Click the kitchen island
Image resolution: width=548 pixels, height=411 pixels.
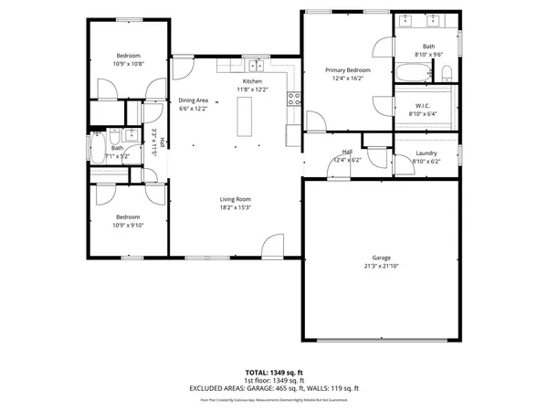[x=244, y=117]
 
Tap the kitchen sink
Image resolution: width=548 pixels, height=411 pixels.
[x=257, y=66]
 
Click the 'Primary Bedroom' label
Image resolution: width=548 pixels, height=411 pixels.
[x=348, y=70]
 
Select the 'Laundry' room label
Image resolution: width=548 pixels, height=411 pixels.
[x=426, y=153]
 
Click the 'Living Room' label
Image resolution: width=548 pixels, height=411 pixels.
[x=235, y=199]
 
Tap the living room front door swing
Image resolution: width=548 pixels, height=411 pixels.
[x=271, y=244]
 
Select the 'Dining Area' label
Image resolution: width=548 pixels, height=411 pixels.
[x=193, y=100]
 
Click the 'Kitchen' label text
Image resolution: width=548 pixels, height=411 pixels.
[x=252, y=81]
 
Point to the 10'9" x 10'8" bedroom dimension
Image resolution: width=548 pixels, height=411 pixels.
[x=128, y=63]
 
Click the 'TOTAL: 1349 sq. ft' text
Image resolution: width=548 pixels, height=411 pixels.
[x=274, y=373]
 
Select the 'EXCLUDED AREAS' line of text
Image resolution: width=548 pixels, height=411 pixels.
[x=274, y=388]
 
